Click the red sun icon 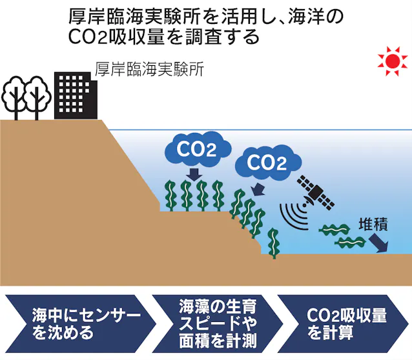(x=393, y=61)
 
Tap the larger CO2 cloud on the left (x=196, y=150)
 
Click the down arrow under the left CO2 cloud (x=193, y=174)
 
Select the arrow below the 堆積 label (x=378, y=243)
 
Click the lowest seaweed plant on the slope (x=274, y=243)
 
